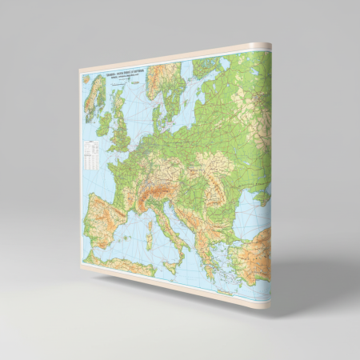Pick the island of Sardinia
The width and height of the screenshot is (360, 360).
coord(150,233)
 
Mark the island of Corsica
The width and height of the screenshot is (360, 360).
coord(150,215)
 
